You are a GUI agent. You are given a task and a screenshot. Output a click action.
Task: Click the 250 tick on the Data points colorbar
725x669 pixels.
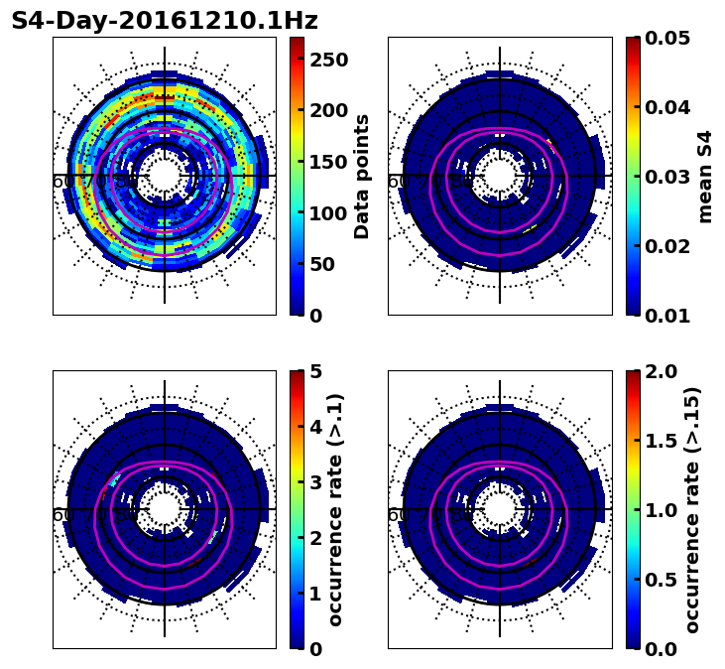coord(328,60)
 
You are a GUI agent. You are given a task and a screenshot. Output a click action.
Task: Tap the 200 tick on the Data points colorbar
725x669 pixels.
coord(328,110)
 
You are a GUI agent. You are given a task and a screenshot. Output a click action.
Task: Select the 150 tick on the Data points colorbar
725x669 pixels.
coord(328,162)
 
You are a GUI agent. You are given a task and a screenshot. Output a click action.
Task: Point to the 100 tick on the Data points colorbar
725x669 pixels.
coord(328,212)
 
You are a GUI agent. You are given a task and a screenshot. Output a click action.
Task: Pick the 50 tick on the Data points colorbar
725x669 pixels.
coord(322,264)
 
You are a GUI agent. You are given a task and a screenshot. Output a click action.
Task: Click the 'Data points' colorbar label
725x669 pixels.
coord(362,177)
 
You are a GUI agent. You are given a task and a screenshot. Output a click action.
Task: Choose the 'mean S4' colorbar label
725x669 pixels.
coord(705,177)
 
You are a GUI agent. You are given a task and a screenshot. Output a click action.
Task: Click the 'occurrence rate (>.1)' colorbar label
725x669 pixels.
coord(335,509)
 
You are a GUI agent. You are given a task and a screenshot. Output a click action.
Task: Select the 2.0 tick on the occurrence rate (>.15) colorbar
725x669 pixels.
coord(661,371)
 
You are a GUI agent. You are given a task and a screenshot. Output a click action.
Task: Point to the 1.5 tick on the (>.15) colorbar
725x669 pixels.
coord(661,441)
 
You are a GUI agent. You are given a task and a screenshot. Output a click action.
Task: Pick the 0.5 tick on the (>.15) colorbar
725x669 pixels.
coord(661,580)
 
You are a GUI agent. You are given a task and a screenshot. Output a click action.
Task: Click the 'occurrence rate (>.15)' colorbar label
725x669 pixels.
coord(692,509)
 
